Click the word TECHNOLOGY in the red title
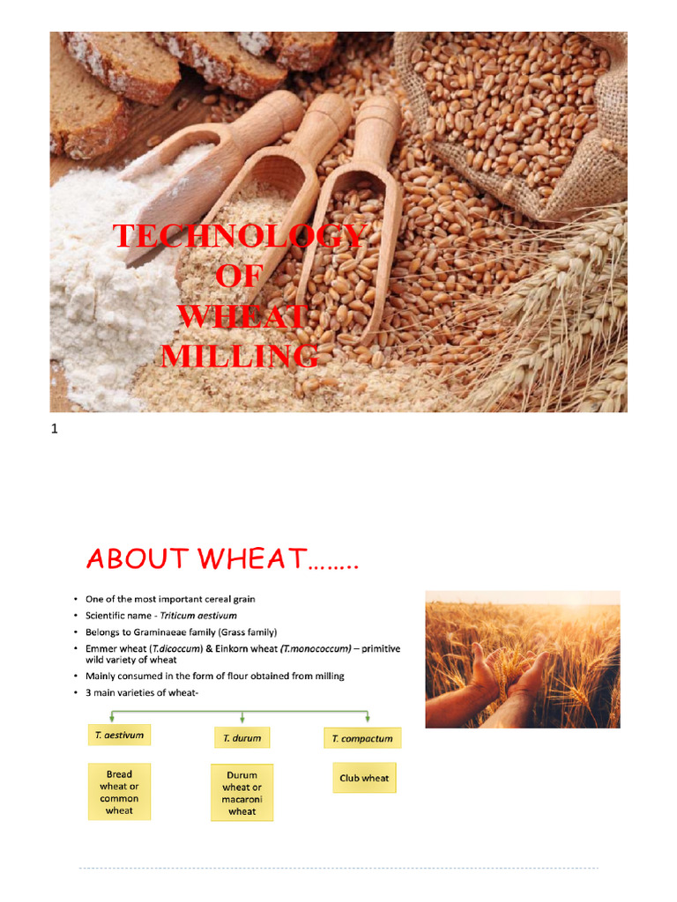238,237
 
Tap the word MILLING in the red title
238,356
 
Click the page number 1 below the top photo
55,430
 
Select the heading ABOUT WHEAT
222,558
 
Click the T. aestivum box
119,734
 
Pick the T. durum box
242,737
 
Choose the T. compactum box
362,738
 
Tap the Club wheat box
363,779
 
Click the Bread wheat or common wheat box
119,792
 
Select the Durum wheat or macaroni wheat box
242,794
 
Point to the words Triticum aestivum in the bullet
199,616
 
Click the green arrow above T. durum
242,718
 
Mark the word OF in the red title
239,277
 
